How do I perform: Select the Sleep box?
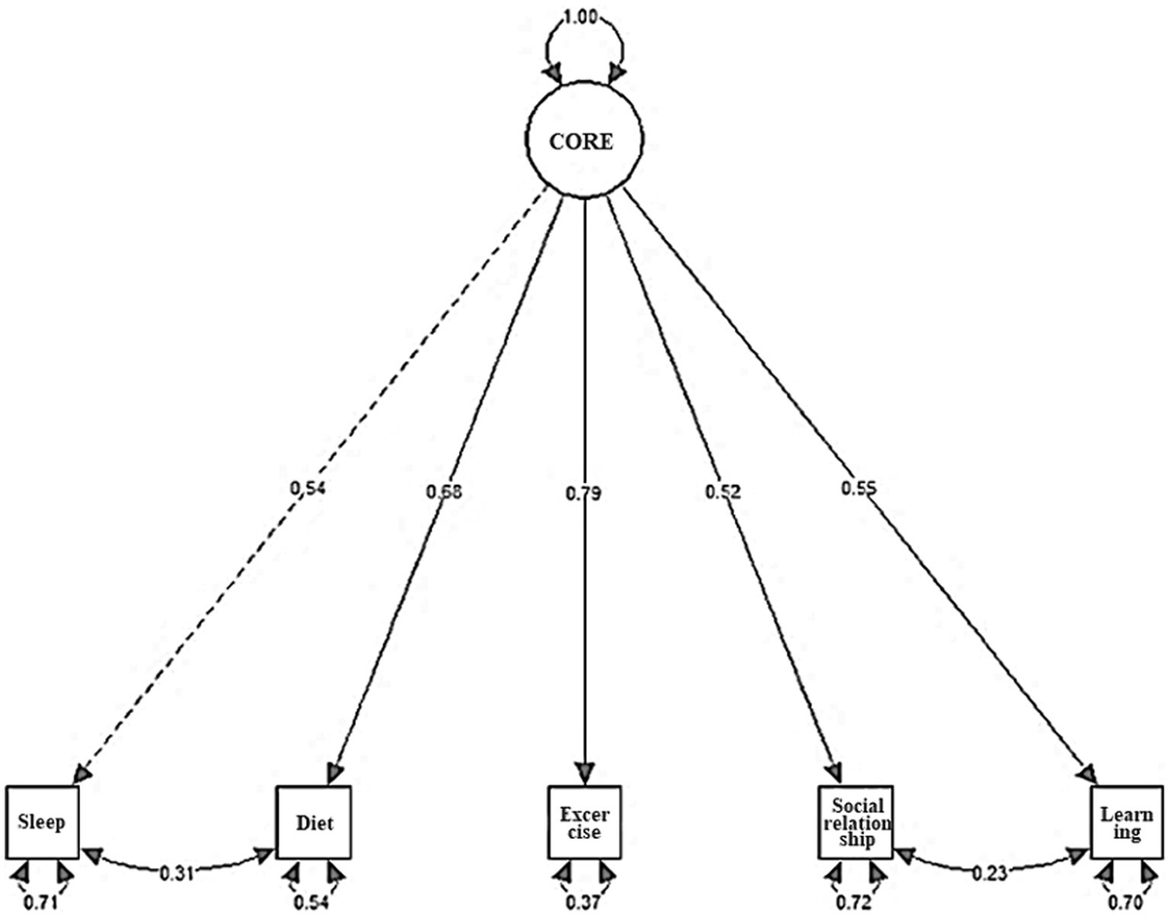click(x=42, y=822)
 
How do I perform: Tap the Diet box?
click(x=314, y=822)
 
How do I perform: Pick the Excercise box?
click(x=584, y=822)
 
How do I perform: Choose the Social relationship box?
click(x=854, y=822)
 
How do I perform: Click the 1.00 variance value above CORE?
click(x=583, y=19)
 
